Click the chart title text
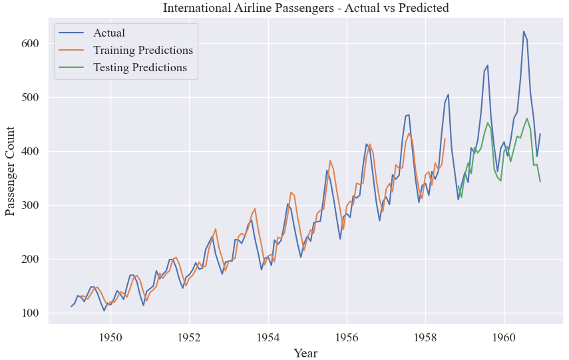[x=306, y=9]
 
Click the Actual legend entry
[x=108, y=33]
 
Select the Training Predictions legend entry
[x=142, y=51]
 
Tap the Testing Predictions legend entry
[x=140, y=68]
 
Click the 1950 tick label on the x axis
[x=110, y=336]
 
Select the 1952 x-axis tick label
[x=189, y=336]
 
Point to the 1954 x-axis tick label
[x=268, y=336]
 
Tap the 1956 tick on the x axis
[x=347, y=336]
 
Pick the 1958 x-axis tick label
[x=425, y=336]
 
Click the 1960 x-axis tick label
[x=504, y=336]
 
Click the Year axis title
[x=306, y=352]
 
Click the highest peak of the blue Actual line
[x=524, y=31]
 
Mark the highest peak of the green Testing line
[x=527, y=118]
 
